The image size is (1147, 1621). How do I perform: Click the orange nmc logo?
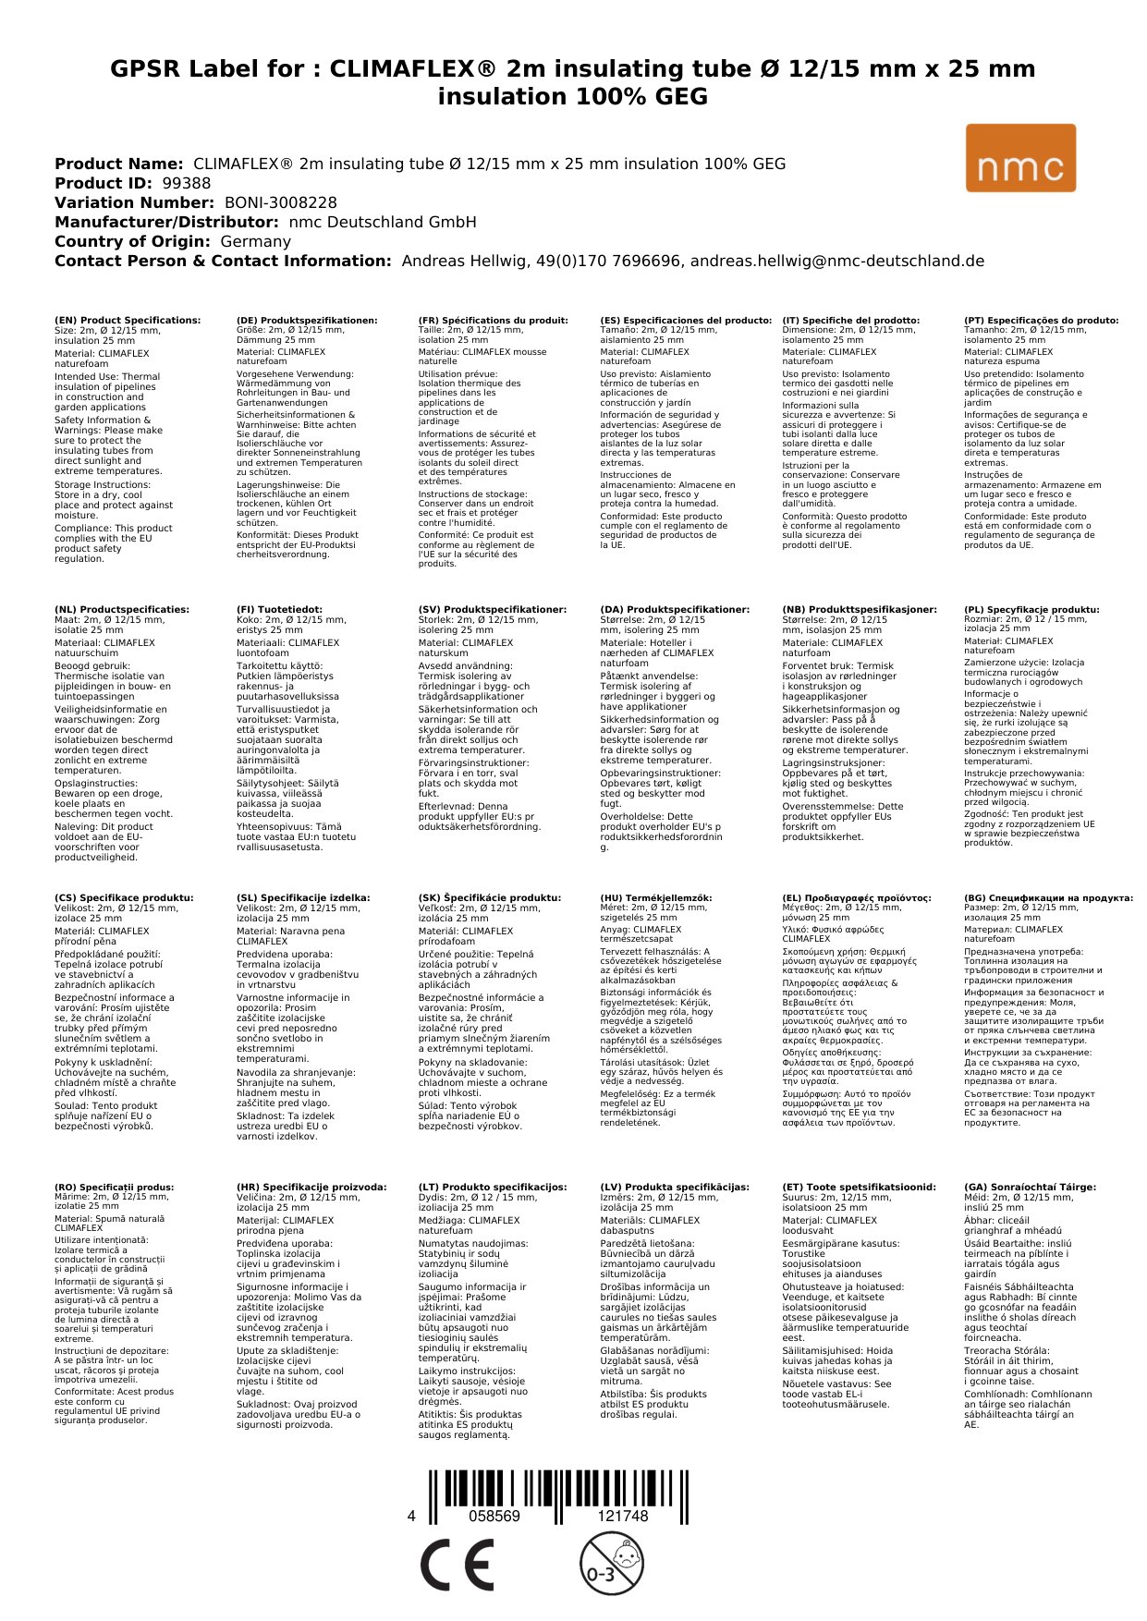(x=1020, y=158)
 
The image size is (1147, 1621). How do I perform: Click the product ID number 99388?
(x=186, y=183)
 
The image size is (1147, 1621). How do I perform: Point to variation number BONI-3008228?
(x=281, y=202)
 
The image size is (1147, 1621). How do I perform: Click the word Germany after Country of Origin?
(x=255, y=241)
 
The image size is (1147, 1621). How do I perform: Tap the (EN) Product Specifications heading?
(x=128, y=320)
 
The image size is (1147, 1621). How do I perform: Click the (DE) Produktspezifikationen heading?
(x=307, y=320)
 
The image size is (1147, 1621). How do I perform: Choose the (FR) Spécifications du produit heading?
(x=493, y=320)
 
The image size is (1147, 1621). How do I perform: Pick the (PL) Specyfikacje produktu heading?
(x=1031, y=610)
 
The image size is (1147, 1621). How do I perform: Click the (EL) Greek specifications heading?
(x=857, y=897)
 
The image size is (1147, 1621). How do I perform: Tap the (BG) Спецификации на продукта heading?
(x=1048, y=897)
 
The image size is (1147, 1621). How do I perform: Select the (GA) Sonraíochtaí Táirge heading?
(x=1030, y=1187)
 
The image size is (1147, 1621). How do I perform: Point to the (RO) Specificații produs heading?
(x=114, y=1187)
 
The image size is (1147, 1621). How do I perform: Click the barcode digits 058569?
(x=494, y=1516)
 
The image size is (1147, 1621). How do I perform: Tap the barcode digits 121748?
(x=622, y=1516)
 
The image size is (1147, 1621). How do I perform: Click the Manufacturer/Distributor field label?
(x=166, y=222)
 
